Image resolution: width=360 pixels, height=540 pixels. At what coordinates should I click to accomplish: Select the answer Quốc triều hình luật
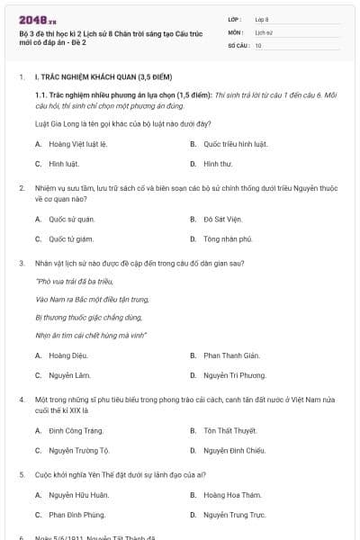pos(236,144)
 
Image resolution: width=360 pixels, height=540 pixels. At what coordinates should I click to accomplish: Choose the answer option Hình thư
pos(218,164)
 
